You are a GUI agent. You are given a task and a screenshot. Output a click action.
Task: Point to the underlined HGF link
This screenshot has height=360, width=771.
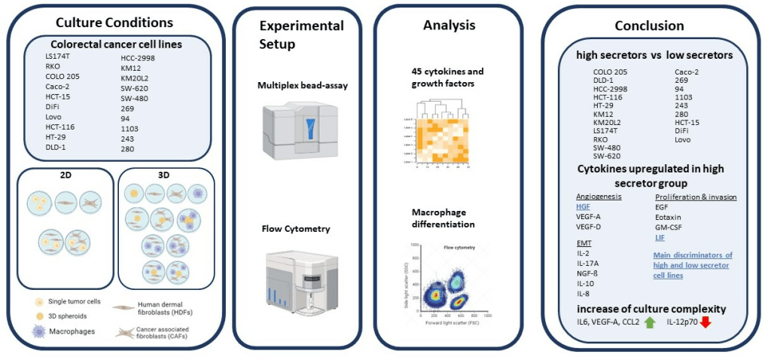coord(584,206)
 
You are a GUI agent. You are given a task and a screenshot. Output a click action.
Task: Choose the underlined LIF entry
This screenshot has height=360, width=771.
coord(660,236)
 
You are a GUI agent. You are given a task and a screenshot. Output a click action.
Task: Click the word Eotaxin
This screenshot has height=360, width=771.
coord(667,216)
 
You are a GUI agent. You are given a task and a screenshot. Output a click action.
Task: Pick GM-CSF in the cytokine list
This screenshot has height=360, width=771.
coord(669,226)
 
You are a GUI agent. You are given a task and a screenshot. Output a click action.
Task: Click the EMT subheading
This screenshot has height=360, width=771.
coord(584,243)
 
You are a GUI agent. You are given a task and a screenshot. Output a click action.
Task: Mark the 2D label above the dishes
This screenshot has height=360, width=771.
coord(66,175)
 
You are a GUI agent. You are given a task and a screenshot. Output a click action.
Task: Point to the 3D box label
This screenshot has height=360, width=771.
coord(163,175)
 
